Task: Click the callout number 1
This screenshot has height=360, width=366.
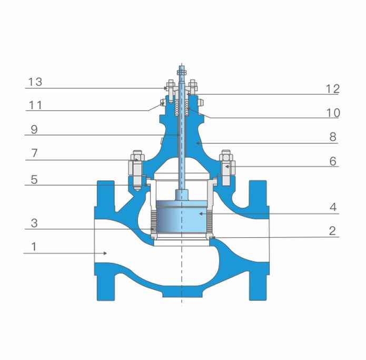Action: point(34,246)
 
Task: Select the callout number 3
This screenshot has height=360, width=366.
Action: point(34,223)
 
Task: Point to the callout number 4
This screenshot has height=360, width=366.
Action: point(332,207)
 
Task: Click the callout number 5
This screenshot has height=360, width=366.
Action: point(34,179)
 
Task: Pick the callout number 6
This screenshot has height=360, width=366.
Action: point(332,161)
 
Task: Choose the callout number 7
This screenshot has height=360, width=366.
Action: point(34,153)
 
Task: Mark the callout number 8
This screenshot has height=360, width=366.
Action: point(332,137)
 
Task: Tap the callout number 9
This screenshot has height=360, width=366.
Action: point(34,129)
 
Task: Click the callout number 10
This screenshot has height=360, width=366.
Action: point(332,113)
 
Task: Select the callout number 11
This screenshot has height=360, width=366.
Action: point(35,105)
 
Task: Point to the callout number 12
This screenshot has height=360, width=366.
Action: point(332,89)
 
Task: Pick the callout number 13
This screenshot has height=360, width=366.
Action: point(35,82)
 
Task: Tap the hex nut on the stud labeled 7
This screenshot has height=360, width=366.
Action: point(135,157)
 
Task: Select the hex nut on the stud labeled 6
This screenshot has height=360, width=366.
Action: point(227,157)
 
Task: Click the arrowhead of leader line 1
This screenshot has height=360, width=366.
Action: point(106,254)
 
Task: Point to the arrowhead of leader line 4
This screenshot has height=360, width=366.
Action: point(200,213)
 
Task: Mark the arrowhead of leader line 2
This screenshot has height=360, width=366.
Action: point(212,238)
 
